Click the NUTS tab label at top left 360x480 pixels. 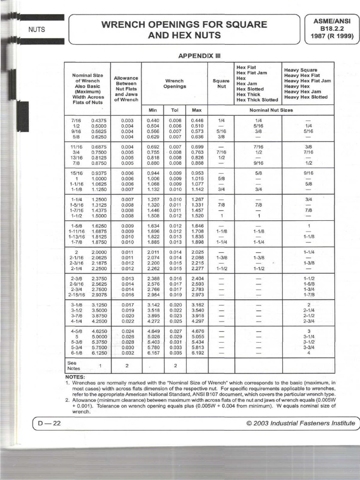coord(36,29)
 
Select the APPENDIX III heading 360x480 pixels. coord(199,55)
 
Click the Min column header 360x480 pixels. coord(152,110)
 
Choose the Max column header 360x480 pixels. coord(196,110)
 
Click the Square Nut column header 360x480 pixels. coord(221,83)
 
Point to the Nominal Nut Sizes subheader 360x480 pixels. coord(271,110)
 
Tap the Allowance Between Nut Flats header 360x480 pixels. coord(126,89)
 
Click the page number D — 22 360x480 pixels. coord(50,423)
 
